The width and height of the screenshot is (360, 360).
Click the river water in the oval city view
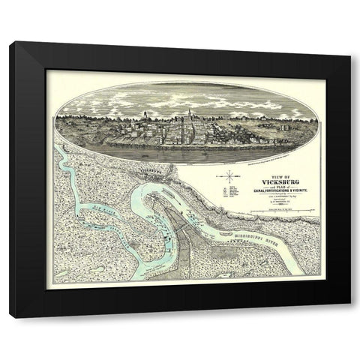[x=180, y=150]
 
